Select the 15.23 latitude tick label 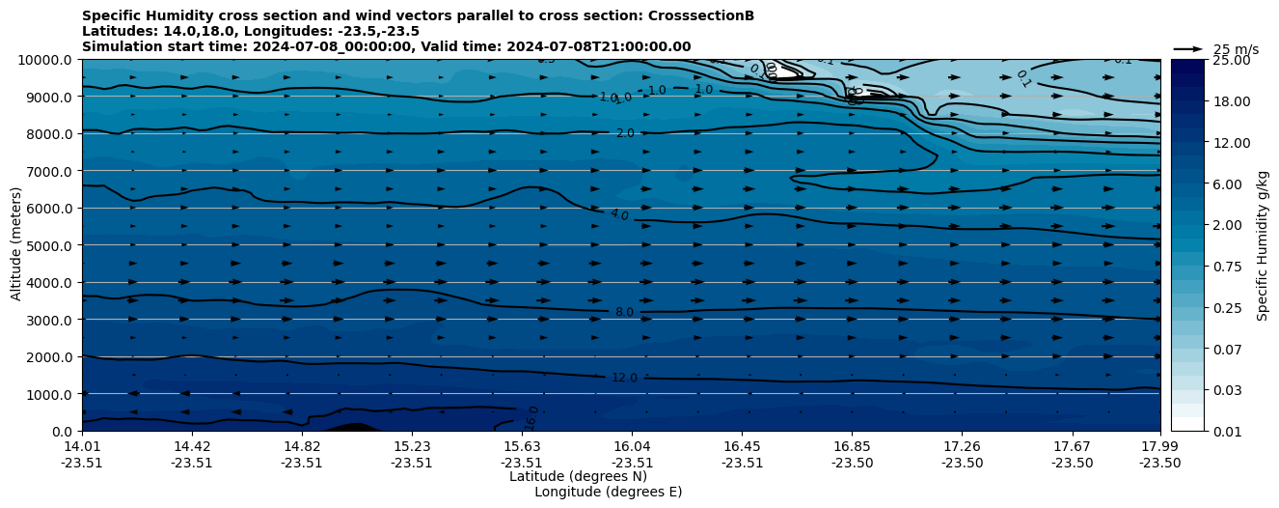click(412, 446)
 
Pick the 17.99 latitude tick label click(1158, 446)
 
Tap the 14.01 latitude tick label click(82, 446)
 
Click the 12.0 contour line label click(624, 378)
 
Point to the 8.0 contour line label click(624, 313)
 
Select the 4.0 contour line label click(619, 214)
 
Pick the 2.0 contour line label click(625, 133)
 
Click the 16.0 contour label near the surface click(531, 419)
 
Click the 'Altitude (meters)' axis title click(16, 245)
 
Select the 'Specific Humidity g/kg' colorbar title click(1263, 245)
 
